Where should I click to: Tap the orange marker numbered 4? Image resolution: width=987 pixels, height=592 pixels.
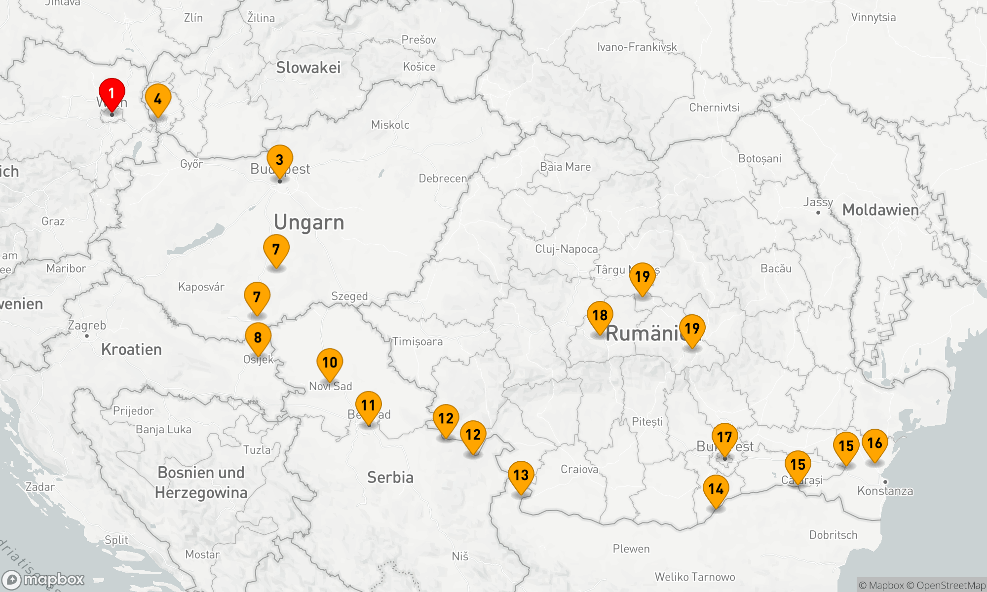point(158,100)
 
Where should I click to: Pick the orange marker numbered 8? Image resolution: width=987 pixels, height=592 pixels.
point(258,338)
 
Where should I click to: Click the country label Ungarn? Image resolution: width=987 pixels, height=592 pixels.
point(309,222)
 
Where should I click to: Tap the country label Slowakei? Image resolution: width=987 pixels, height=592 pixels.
point(308,68)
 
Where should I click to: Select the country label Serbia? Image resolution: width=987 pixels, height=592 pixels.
point(390,478)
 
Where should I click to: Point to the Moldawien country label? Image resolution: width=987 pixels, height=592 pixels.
point(880,210)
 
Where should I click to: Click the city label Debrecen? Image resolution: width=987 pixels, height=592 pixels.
point(443,179)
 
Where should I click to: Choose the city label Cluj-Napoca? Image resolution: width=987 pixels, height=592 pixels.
point(566,249)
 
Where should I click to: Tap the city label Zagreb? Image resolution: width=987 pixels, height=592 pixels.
point(87,326)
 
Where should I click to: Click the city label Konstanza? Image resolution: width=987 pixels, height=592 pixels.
point(885,491)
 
